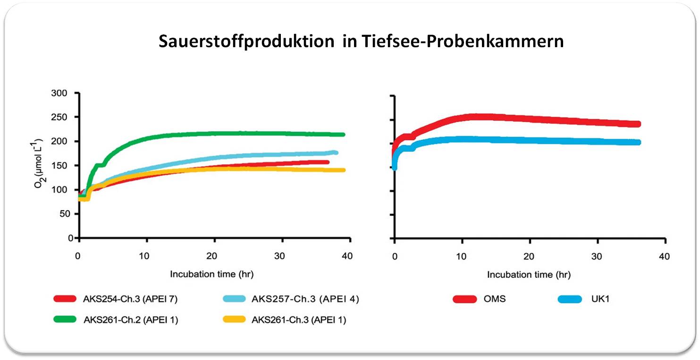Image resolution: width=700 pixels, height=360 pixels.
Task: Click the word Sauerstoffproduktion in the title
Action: coord(246,42)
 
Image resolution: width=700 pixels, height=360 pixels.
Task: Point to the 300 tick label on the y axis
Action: coord(59,93)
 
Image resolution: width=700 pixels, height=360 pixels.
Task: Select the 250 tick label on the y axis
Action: coord(59,117)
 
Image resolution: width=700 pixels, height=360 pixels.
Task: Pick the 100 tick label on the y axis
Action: coord(59,190)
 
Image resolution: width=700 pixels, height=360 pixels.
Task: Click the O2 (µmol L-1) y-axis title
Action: coord(38,163)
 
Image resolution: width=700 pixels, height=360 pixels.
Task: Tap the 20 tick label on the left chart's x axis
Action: coord(211,256)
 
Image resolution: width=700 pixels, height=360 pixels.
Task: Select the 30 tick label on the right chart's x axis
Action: coord(597,257)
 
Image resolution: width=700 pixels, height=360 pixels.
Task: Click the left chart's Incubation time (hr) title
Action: coord(211,274)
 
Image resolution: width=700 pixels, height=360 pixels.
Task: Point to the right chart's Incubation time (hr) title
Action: coord(529,275)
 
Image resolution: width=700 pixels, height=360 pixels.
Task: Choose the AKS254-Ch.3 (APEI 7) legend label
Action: coord(130,299)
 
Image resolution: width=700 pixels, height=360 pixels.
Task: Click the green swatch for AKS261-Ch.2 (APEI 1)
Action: coord(65,319)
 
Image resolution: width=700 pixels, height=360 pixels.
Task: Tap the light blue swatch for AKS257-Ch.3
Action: coord(235,299)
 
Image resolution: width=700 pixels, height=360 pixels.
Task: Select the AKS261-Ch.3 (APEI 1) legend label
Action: coord(299,320)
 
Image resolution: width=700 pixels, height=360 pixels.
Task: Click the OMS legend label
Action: coord(494,299)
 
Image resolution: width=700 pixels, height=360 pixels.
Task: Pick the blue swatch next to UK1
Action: coord(570,299)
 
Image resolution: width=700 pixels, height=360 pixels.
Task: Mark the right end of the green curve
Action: coord(344,134)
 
